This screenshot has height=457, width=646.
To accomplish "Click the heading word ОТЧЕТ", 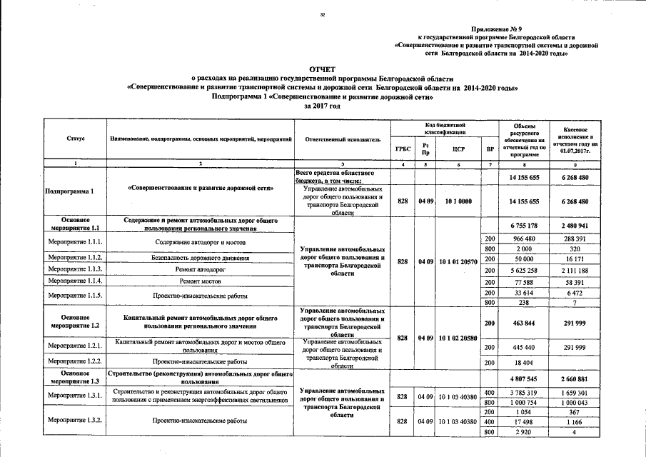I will [x=323, y=69].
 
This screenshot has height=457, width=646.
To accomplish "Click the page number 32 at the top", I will [x=323, y=14].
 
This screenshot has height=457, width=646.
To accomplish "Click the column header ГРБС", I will [x=402, y=149].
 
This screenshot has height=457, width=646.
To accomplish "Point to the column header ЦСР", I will [x=458, y=149].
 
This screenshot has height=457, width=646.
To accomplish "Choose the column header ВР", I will [x=490, y=149].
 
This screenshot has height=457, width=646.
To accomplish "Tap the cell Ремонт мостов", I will [x=200, y=282].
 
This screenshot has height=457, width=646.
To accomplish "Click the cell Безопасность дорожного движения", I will [x=200, y=256].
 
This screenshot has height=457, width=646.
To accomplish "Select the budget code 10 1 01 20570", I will [x=458, y=262].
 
